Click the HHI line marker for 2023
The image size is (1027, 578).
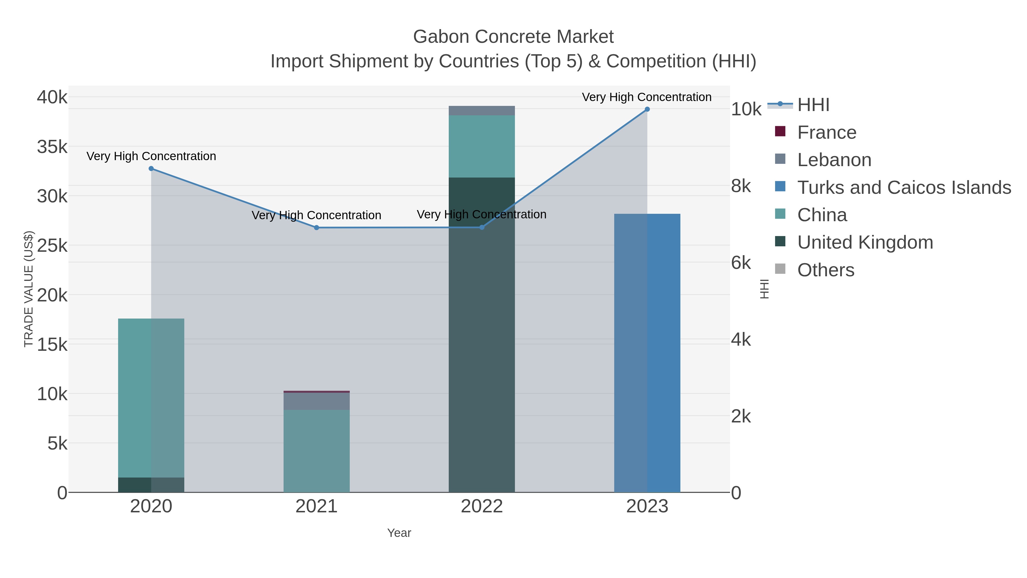647,109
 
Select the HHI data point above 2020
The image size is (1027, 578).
151,169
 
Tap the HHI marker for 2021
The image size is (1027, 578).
317,228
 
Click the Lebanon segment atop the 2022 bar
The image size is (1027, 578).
482,111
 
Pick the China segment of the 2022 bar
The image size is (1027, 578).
482,146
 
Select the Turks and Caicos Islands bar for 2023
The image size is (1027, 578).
647,353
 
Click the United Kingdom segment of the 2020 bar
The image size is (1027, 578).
151,485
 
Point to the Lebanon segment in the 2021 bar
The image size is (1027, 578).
317,401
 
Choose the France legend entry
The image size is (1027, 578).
826,132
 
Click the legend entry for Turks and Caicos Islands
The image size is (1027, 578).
904,188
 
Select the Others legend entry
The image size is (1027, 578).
826,270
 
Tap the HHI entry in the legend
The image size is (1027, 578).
813,105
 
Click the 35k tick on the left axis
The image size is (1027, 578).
52,147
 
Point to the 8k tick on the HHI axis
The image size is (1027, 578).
741,186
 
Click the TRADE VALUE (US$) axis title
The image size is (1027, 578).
29,289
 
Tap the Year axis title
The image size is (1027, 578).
399,533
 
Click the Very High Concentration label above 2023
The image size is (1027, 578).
647,97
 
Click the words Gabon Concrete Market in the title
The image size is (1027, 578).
513,37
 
